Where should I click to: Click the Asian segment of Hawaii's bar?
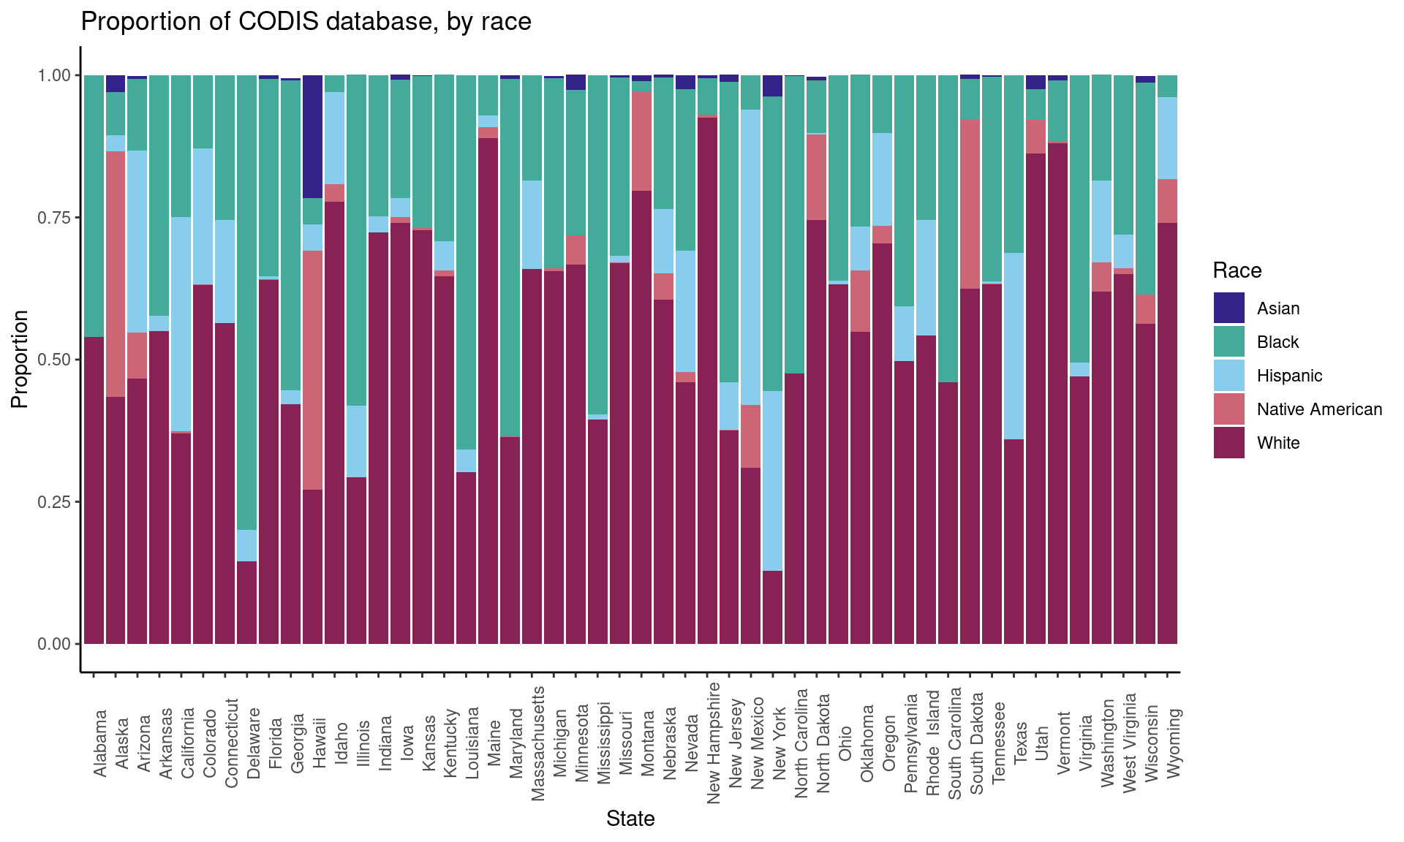(313, 136)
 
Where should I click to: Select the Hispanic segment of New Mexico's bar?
(751, 257)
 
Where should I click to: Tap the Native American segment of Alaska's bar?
(116, 274)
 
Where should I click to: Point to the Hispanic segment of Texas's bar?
(1014, 346)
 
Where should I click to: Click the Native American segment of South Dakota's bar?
(970, 204)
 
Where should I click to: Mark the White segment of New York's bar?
(773, 607)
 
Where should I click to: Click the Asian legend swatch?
(1228, 308)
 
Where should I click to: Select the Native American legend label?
(1319, 409)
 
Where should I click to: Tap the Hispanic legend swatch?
(1228, 375)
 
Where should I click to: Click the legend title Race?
(1237, 270)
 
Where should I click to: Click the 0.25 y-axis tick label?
(55, 502)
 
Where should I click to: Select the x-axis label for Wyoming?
(1174, 743)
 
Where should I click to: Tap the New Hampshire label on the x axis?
(714, 743)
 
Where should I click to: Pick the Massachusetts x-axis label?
(538, 743)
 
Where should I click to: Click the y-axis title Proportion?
(20, 359)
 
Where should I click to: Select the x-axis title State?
(630, 819)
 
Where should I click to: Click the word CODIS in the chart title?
(279, 22)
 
